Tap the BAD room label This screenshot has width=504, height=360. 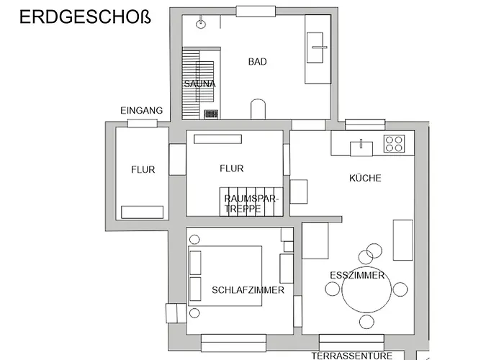[x=257, y=62]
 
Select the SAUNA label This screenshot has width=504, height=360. [x=199, y=84]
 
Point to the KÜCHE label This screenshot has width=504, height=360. [x=365, y=178]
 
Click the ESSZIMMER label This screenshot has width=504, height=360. [x=357, y=275]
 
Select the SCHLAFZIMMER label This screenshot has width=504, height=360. [x=248, y=290]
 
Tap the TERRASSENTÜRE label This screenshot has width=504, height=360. [x=351, y=355]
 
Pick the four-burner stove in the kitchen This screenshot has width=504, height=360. [x=394, y=143]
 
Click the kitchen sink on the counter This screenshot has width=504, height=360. [x=361, y=148]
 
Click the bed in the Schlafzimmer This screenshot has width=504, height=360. [x=225, y=276]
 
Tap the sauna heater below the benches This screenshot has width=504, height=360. [x=212, y=114]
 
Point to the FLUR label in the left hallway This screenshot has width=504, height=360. [x=143, y=170]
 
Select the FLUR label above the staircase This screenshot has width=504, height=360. [x=231, y=168]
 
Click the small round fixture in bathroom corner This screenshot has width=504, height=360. [x=202, y=23]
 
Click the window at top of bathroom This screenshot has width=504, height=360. [x=256, y=12]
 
